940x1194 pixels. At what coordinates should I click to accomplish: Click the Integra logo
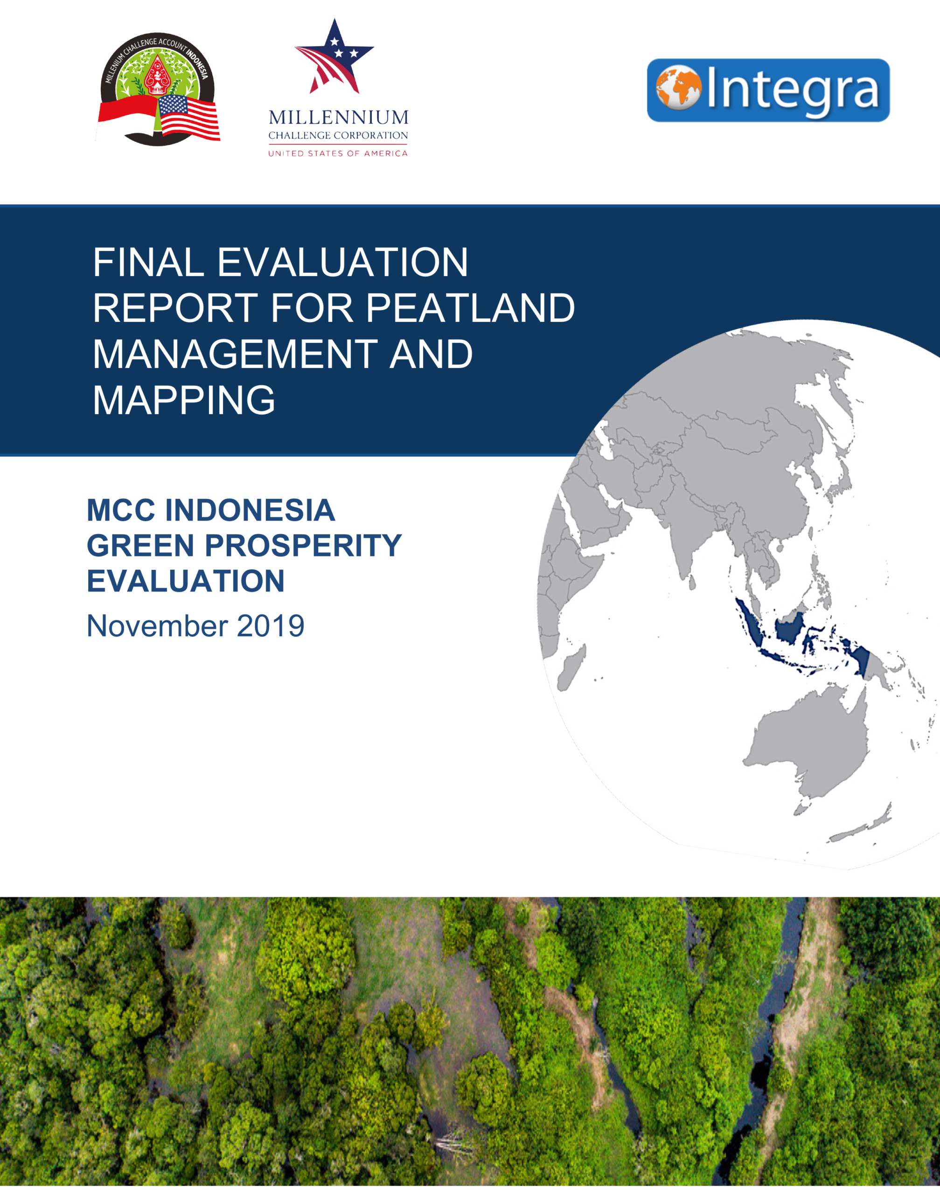pos(768,90)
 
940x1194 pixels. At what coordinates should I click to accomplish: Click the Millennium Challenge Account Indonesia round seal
pos(159,89)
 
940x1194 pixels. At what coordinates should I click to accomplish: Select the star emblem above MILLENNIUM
pos(334,56)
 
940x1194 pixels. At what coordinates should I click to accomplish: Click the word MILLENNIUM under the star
pos(339,117)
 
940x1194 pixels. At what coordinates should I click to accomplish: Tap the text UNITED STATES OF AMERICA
pos(338,153)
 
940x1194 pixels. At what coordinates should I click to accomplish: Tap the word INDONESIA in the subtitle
pos(251,510)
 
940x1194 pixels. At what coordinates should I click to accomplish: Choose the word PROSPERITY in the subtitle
pos(303,545)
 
